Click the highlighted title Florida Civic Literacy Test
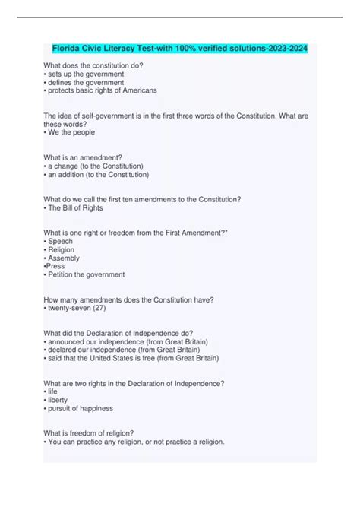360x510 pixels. pyautogui.click(x=180, y=48)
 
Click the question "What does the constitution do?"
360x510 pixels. pyautogui.click(x=93, y=65)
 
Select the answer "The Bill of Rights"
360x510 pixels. pyautogui.click(x=76, y=207)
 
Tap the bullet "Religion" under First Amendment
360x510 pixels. pyautogui.click(x=63, y=249)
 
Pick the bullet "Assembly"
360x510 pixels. pyautogui.click(x=65, y=258)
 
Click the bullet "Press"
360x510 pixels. pyautogui.click(x=57, y=266)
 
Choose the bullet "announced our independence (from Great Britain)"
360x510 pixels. pyautogui.click(x=122, y=341)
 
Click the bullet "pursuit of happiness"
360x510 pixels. pyautogui.click(x=79, y=408)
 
